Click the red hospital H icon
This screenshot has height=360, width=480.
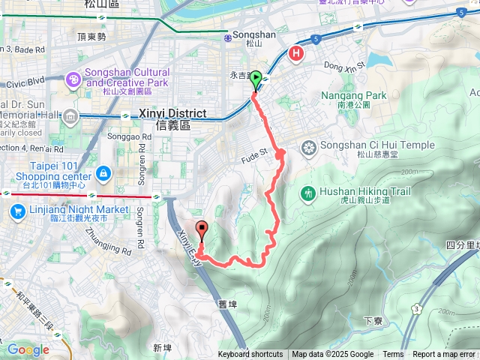[x=297, y=53]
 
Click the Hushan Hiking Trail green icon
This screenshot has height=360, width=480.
[x=307, y=193]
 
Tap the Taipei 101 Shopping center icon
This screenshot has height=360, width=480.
[x=102, y=174]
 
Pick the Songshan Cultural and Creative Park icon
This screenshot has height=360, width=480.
[x=73, y=78]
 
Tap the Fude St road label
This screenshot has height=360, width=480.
[x=254, y=157]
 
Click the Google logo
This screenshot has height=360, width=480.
[x=28, y=349]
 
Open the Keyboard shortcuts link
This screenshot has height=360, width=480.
[x=250, y=355]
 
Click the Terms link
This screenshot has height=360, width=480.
[x=393, y=355]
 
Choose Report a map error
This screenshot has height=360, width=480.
[x=443, y=355]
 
